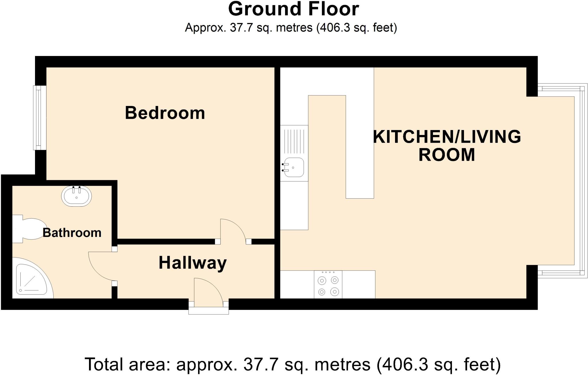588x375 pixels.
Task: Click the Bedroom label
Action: [165, 113]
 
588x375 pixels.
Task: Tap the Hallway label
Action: [193, 263]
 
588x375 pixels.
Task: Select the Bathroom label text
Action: [72, 233]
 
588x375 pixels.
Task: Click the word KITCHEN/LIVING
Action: [447, 137]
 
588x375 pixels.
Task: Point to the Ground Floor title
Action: [293, 9]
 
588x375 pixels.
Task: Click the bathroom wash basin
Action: [76, 196]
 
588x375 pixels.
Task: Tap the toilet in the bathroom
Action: [30, 229]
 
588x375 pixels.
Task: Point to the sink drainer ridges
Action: [294, 141]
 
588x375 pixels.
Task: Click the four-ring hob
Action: [328, 285]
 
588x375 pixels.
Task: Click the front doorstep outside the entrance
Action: [208, 311]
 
